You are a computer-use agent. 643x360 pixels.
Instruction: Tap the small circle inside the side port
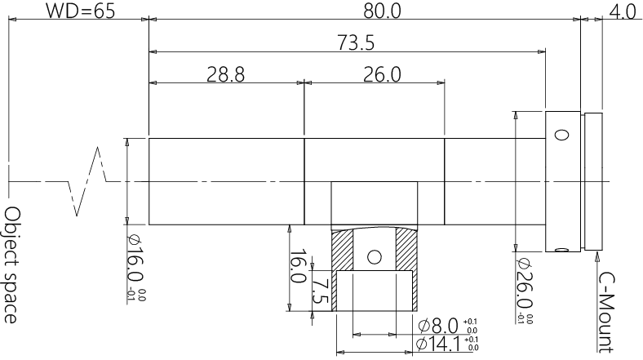point(375,256)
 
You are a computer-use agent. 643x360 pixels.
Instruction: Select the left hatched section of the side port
point(344,249)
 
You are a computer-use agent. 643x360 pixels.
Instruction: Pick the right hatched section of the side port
point(404,249)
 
